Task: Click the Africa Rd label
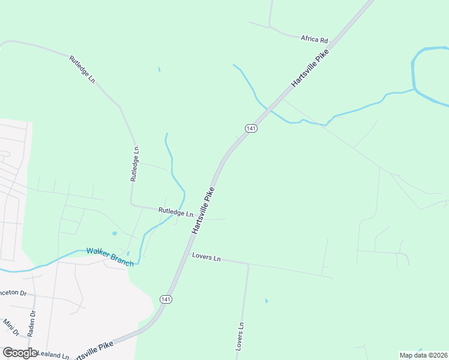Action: [315, 40]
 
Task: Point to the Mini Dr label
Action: [11, 328]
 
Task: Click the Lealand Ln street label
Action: [53, 355]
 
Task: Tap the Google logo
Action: [20, 353]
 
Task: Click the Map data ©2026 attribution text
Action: [423, 355]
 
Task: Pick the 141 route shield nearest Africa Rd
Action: [251, 128]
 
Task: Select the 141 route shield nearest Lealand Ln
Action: [166, 299]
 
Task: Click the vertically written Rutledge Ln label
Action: [136, 163]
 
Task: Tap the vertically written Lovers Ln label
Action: [240, 336]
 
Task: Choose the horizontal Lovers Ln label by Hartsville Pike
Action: [206, 257]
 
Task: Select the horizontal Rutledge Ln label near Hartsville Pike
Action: [176, 212]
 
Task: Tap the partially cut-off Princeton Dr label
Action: [13, 293]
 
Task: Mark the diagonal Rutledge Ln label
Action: [83, 69]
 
